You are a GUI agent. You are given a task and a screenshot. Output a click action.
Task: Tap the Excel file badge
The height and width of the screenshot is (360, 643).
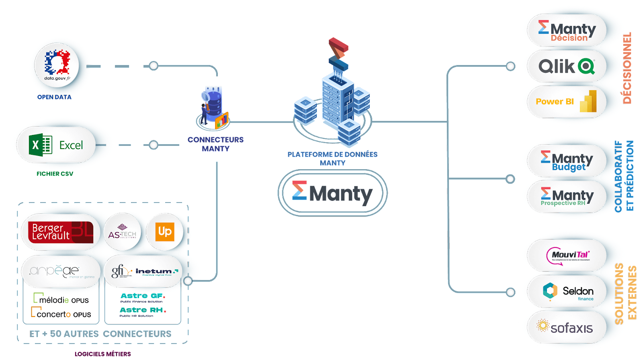pos(56,145)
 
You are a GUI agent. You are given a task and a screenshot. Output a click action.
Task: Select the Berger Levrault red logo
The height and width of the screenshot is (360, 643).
pos(61,232)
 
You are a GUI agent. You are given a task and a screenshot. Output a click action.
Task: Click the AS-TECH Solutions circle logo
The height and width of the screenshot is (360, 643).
pos(122,232)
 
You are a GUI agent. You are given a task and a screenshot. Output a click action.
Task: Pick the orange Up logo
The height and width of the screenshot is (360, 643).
pos(165,232)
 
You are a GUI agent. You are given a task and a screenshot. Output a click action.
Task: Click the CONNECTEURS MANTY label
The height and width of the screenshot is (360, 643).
pos(216,144)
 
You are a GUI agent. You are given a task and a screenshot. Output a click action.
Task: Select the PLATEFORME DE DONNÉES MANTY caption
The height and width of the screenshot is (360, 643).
pos(332,158)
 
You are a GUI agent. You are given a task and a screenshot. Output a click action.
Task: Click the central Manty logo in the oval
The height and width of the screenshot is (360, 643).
pos(332,193)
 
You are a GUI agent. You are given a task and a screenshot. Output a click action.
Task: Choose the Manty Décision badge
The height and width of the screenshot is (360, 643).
pos(567,31)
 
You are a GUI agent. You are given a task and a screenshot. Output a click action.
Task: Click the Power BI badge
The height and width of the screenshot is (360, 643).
pos(567,101)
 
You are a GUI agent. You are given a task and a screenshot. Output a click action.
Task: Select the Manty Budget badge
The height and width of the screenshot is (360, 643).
pos(567,160)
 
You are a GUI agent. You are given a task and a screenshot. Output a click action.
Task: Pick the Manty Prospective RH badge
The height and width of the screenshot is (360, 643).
pos(567,196)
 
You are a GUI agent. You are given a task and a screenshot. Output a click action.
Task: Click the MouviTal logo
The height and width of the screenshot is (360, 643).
pos(567,256)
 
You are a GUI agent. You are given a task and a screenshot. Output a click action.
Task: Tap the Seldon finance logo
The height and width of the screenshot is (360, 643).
pos(567,291)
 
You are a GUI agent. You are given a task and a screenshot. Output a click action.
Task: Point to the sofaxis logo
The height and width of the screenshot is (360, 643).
pos(567,327)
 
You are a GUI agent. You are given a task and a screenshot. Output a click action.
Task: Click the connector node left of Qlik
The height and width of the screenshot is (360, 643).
pos(510,66)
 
